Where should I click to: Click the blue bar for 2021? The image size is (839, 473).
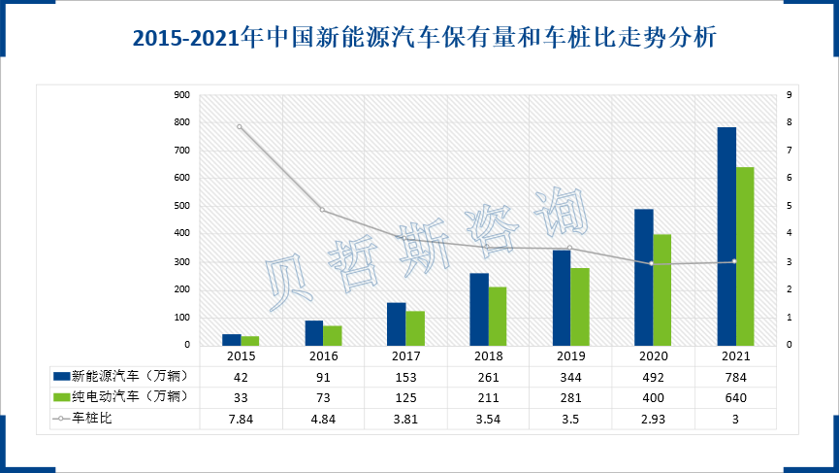(x=726, y=236)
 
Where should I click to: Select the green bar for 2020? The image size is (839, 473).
(x=662, y=289)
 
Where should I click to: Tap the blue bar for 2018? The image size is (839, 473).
(x=479, y=309)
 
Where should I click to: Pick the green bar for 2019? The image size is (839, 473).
(x=579, y=306)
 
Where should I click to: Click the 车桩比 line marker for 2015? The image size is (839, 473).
(x=240, y=127)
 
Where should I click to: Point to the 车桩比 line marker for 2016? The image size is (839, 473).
(x=322, y=211)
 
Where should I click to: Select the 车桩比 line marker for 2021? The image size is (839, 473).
(x=734, y=261)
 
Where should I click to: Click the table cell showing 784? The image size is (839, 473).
(x=735, y=376)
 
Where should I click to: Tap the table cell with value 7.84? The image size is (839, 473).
(x=240, y=419)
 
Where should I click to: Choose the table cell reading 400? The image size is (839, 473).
(x=653, y=397)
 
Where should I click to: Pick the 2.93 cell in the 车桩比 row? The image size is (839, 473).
(x=653, y=419)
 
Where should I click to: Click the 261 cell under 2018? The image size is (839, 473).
(x=488, y=376)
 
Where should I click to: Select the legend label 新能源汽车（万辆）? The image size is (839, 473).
(x=127, y=376)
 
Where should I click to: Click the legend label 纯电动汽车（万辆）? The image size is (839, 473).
(x=127, y=397)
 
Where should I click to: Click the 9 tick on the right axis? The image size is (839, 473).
(x=789, y=95)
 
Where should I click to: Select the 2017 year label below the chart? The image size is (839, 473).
(x=405, y=356)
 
